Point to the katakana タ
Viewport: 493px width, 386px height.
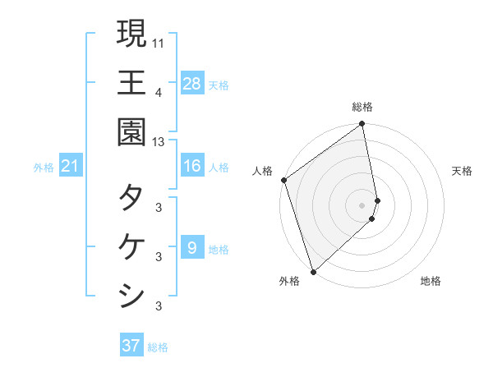[x=131, y=197]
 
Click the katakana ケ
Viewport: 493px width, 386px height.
[x=131, y=246]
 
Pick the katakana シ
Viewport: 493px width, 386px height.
[x=131, y=294]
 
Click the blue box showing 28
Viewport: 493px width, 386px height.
[x=192, y=83]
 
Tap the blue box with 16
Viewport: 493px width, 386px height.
[x=192, y=166]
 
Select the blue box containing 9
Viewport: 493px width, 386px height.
[x=192, y=248]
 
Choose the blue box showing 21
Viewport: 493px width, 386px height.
[x=71, y=167]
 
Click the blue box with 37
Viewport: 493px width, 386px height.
[x=131, y=346]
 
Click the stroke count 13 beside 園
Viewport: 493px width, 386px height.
[x=159, y=142]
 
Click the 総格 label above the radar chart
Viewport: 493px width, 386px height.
[x=362, y=107]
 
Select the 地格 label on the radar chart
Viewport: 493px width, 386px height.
[x=431, y=281]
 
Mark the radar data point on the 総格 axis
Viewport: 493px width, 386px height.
[x=362, y=125]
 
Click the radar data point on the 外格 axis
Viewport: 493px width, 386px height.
[x=313, y=271]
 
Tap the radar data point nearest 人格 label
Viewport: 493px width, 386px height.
[x=283, y=180]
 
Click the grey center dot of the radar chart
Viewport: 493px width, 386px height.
[x=362, y=204]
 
